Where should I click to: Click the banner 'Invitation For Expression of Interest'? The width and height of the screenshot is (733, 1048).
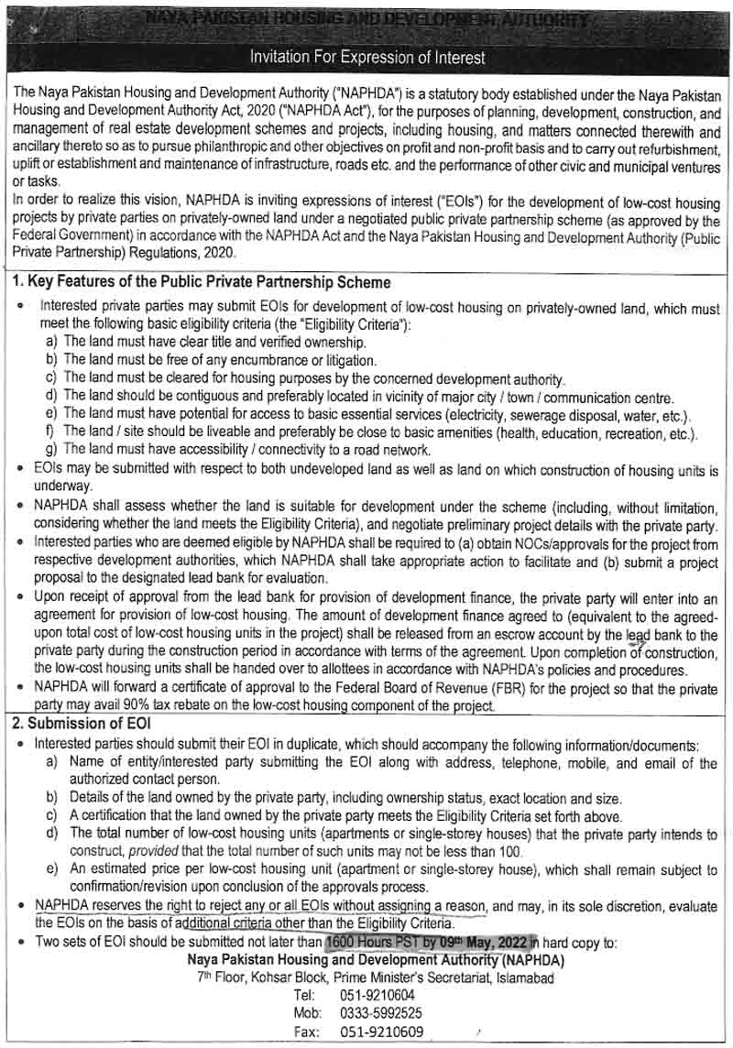367,58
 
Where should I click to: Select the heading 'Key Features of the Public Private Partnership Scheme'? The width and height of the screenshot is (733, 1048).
202,282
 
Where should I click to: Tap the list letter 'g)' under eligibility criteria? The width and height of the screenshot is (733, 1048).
51,449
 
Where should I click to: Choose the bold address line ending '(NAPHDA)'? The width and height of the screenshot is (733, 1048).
376,960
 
